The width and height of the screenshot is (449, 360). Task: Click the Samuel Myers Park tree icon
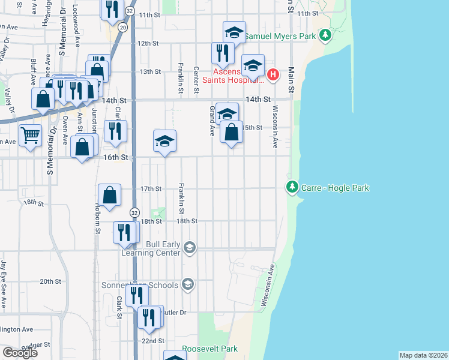(325, 36)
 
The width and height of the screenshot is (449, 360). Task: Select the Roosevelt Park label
(209, 349)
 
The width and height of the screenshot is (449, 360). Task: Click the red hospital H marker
(273, 74)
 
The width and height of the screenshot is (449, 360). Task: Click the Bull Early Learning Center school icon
(190, 247)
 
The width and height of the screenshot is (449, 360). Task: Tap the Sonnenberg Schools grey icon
(188, 284)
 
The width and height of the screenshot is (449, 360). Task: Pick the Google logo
(20, 353)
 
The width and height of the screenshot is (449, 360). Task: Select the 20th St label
(50, 281)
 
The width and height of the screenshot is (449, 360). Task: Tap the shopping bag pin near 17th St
(109, 195)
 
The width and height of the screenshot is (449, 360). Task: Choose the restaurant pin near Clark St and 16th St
(114, 131)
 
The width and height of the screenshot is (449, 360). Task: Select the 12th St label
(148, 43)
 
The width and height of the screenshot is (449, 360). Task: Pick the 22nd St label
(153, 341)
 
